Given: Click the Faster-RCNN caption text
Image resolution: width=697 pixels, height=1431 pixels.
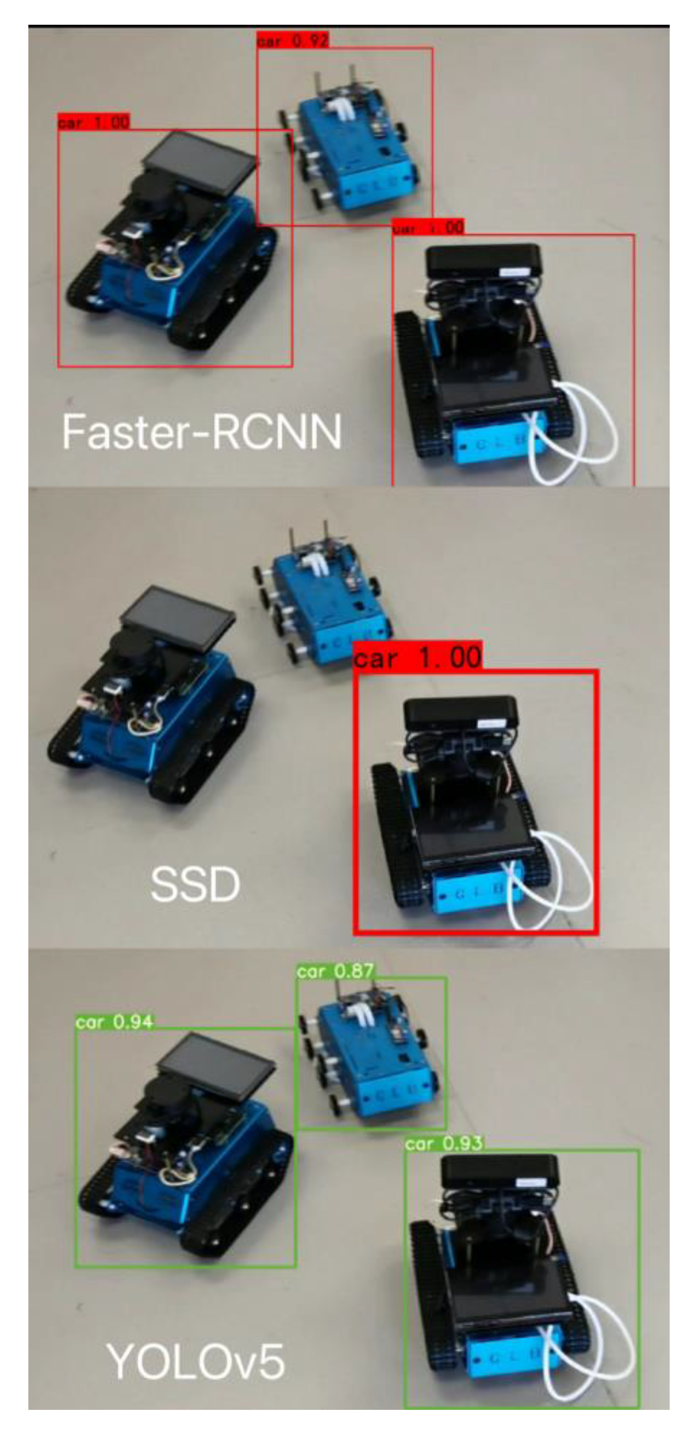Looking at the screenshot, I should click(x=201, y=432).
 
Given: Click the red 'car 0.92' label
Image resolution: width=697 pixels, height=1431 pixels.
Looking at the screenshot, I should click(x=293, y=41).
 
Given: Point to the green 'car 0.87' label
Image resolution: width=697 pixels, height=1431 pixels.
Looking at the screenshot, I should click(x=335, y=972).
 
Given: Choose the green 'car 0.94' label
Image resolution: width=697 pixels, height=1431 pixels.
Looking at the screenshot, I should click(x=114, y=1022).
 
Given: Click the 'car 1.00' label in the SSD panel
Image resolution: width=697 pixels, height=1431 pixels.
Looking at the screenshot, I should click(x=418, y=657).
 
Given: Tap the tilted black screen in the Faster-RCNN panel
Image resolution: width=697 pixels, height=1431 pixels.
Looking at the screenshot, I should click(x=200, y=164).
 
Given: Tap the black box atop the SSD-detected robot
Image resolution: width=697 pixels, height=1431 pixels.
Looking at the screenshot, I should click(x=460, y=714).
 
